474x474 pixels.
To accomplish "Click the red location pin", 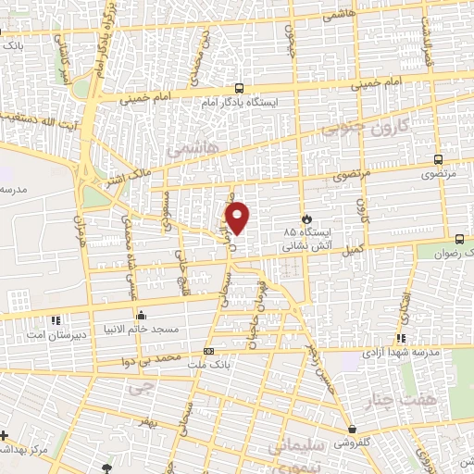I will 239,217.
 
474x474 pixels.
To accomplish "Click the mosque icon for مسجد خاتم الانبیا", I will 141,314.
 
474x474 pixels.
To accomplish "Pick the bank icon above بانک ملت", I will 209,352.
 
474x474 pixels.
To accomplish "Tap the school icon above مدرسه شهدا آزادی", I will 401,338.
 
